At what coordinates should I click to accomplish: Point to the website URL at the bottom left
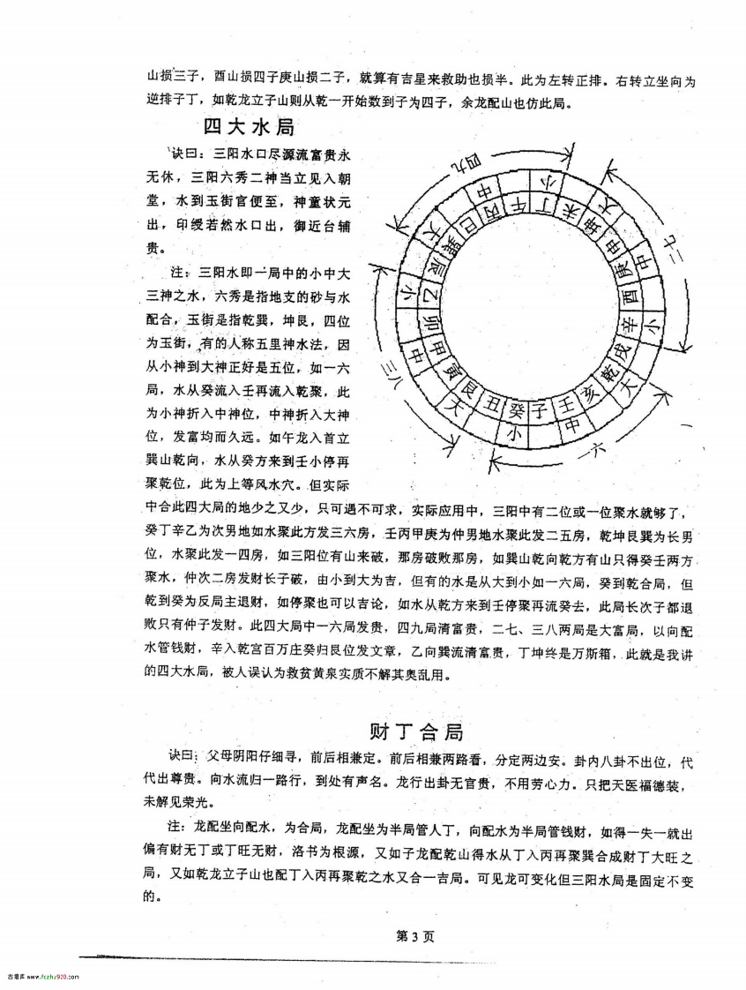click(x=41, y=977)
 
